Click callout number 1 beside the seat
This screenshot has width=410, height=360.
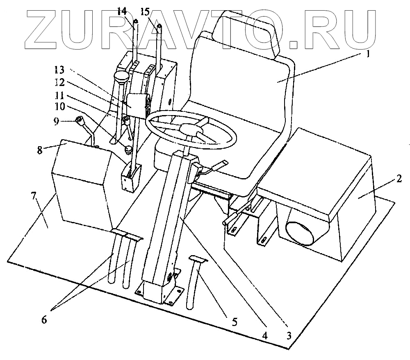point(368,54)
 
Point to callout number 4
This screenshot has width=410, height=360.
point(265,335)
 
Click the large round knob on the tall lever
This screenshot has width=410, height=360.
point(121,77)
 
